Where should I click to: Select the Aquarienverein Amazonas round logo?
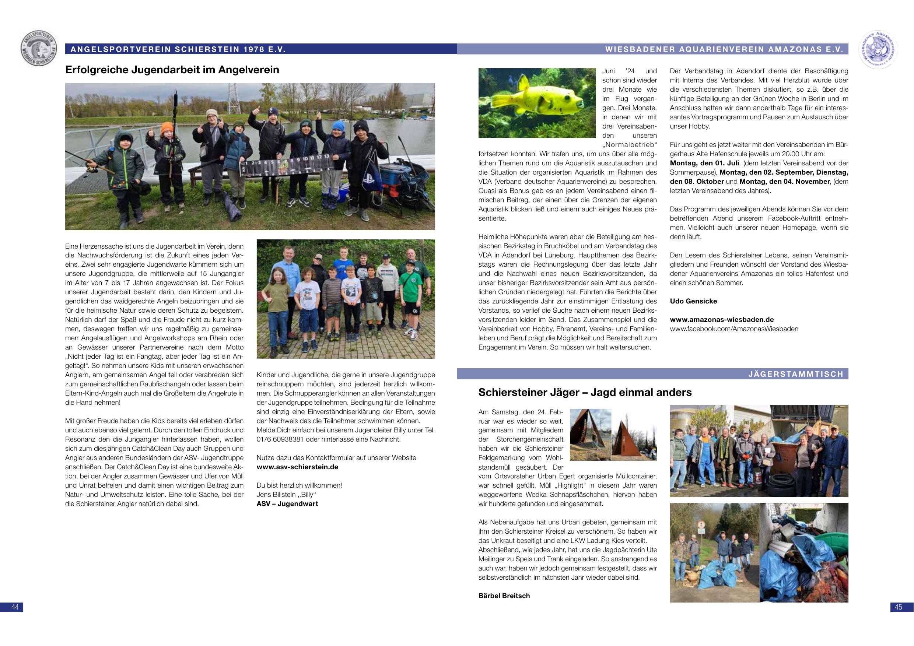pos(879,49)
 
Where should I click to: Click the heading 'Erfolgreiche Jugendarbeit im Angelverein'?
pos(172,70)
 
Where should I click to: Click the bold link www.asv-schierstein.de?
pos(297,467)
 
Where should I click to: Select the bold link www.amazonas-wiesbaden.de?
pos(722,320)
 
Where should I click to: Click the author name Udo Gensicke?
pos(693,301)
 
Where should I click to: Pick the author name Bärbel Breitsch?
pos(504,596)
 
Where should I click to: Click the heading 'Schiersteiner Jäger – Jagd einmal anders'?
pos(585,393)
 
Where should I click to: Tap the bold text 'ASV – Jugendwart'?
pos(287,504)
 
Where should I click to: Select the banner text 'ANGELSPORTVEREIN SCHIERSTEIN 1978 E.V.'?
pos(178,49)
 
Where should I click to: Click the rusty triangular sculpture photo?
pos(613,434)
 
